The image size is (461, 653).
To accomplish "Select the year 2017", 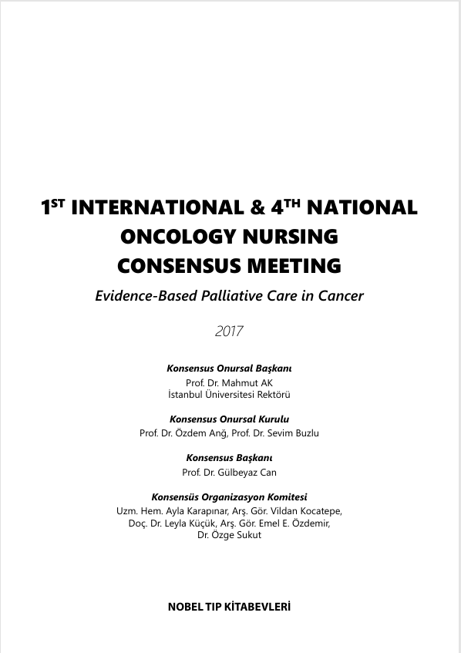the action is [229, 332].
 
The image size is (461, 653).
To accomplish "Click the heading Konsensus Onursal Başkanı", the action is [229, 368].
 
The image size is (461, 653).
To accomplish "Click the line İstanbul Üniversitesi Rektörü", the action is [229, 394].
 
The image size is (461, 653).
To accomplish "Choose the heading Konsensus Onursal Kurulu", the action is [229, 419].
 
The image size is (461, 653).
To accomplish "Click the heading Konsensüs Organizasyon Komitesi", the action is [229, 496].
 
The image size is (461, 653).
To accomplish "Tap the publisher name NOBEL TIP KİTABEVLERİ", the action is [229, 607].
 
